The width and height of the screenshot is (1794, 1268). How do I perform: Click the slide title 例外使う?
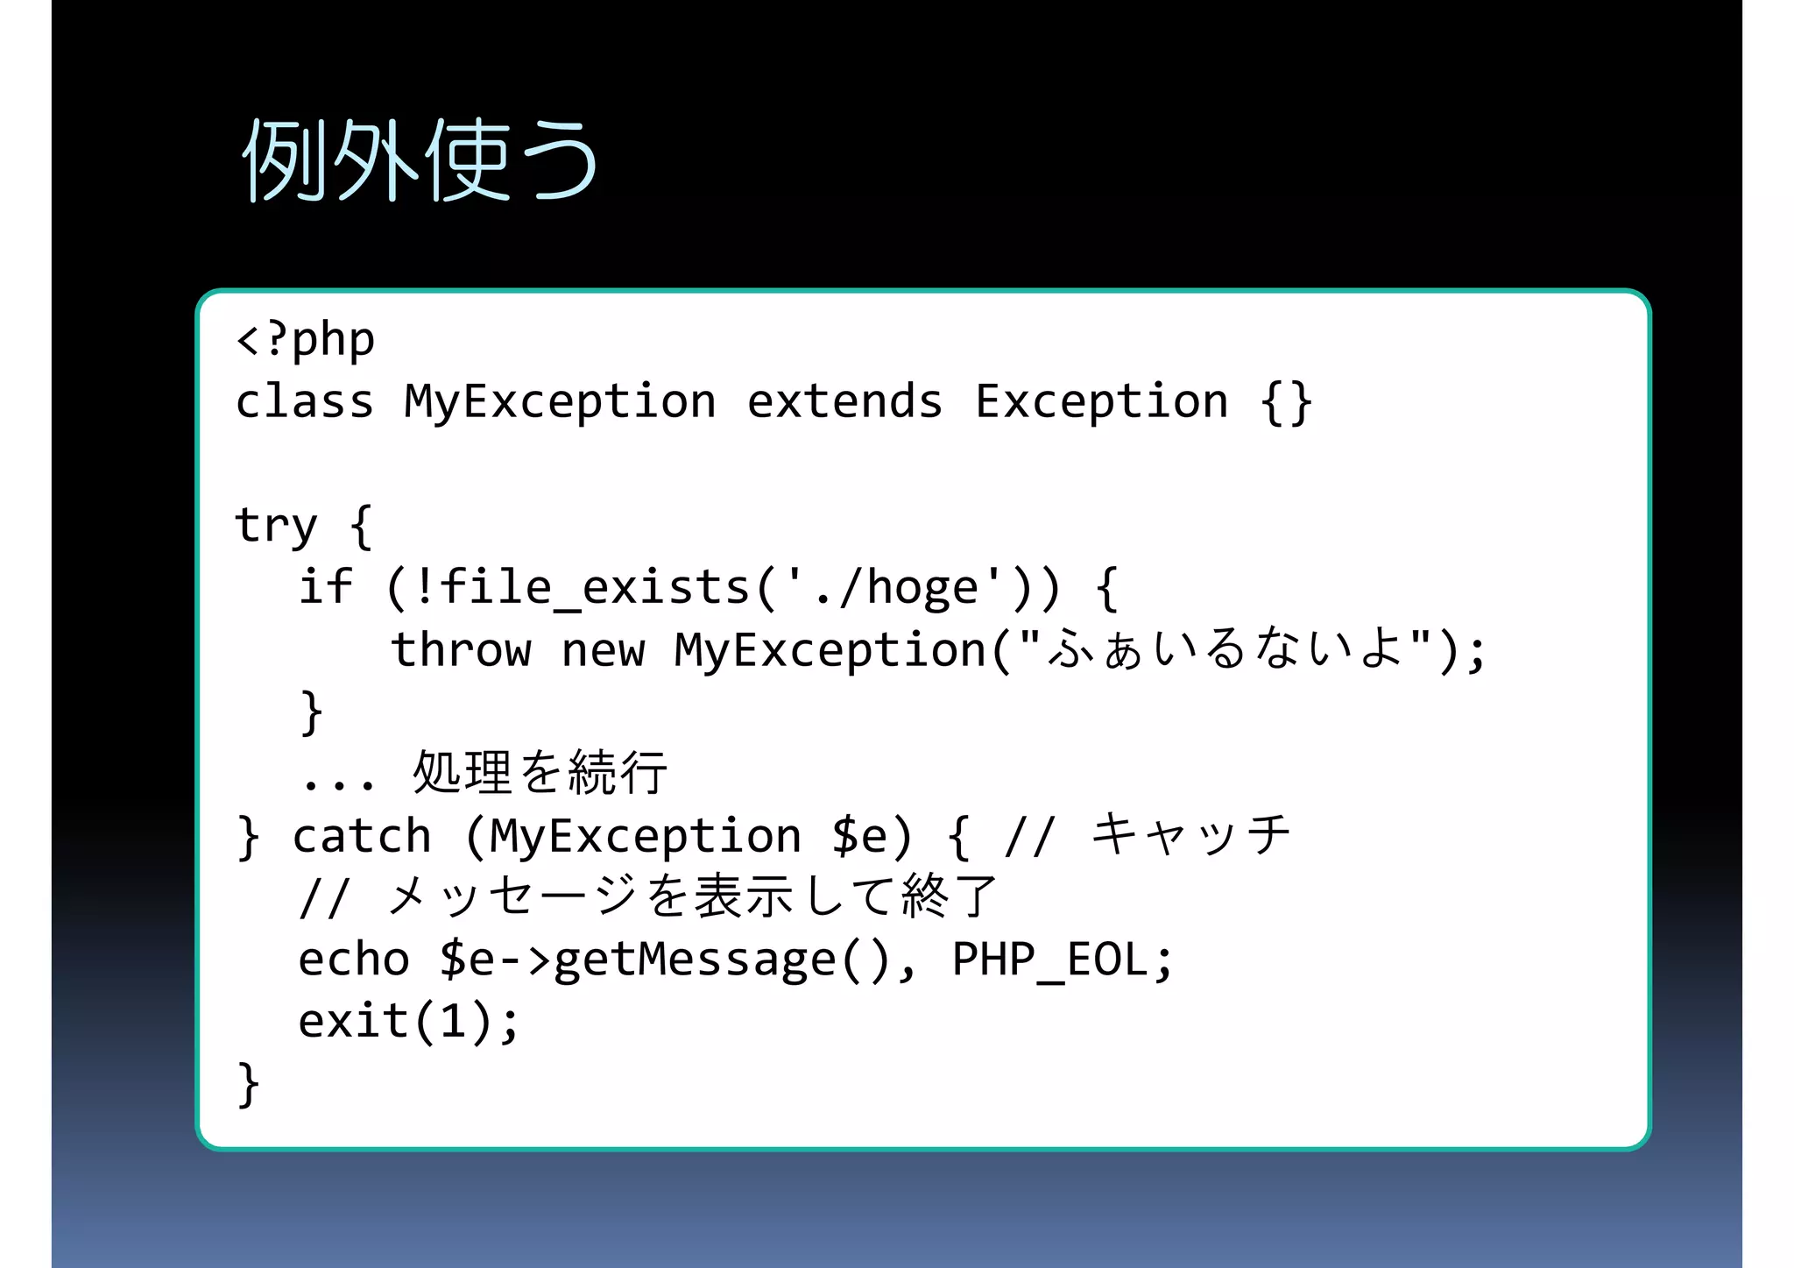tap(420, 160)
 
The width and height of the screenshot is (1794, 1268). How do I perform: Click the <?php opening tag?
tap(306, 339)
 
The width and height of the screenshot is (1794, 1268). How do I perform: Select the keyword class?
tap(304, 401)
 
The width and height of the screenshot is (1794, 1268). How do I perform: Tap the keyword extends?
tap(844, 401)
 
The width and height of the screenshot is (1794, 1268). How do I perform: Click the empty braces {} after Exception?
tap(1286, 403)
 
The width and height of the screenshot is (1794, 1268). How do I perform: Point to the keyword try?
tap(275, 526)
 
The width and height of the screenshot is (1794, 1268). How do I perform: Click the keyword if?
tap(325, 587)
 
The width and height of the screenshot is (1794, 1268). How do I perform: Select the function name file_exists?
tap(595, 587)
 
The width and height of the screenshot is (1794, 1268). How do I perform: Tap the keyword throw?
tap(461, 650)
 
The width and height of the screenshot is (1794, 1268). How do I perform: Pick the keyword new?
tap(603, 650)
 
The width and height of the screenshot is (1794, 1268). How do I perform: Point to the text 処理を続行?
tap(540, 772)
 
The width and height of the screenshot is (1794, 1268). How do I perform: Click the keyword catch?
tap(362, 836)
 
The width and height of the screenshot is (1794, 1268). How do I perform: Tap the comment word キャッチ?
tap(1190, 834)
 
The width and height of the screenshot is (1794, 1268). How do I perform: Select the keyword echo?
tap(354, 959)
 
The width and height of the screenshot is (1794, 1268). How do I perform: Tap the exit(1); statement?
tap(408, 1021)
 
